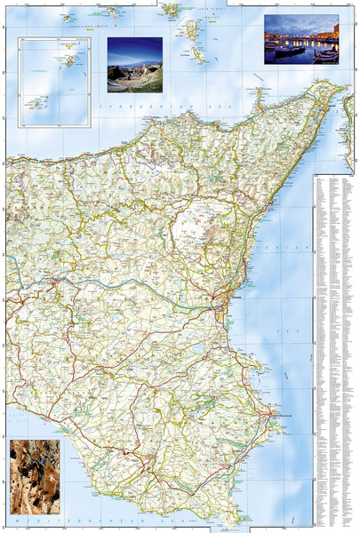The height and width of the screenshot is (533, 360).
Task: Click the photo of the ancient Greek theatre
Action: point(134,65)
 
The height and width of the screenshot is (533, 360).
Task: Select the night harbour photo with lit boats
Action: point(301,40)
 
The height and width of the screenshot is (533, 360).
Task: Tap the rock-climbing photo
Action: point(36,477)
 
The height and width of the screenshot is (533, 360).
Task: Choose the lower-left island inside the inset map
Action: point(38,102)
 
